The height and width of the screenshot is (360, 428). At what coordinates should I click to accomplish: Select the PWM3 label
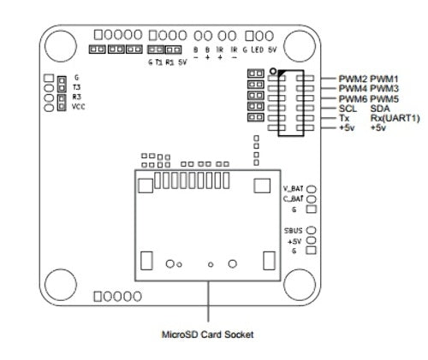384,88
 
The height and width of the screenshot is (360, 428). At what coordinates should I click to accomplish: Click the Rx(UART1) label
395,118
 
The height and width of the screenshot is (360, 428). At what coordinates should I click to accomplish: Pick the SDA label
380,109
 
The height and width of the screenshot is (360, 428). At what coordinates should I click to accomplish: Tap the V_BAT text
293,187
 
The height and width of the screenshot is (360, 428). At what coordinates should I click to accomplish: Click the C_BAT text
293,198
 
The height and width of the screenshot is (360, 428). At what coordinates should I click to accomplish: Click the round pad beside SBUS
312,230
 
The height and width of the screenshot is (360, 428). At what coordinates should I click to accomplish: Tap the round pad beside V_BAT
312,187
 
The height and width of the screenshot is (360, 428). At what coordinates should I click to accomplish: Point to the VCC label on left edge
79,107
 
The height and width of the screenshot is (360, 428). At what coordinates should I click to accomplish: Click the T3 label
77,87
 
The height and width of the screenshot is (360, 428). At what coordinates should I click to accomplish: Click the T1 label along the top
159,62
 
